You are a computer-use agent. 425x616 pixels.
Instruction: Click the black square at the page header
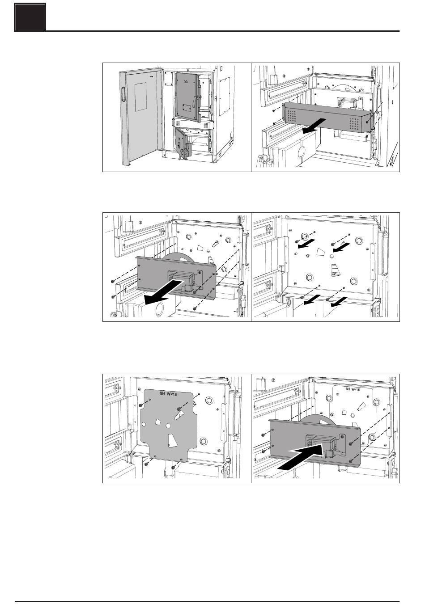30,17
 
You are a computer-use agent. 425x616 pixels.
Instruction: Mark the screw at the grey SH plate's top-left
141,405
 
